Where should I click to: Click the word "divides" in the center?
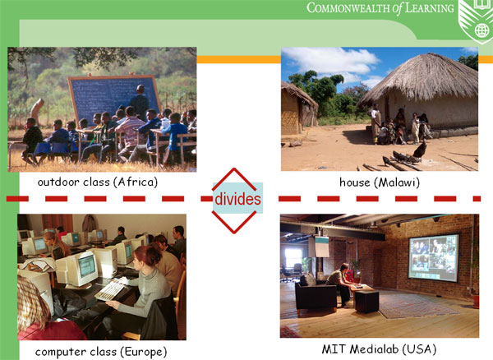coord(237,199)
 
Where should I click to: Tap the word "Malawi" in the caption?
coord(399,182)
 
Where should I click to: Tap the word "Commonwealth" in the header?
coord(348,8)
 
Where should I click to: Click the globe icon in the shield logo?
coord(481,30)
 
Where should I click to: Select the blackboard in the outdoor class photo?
coord(114,98)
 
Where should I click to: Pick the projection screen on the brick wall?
coord(434,258)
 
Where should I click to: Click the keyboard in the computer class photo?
coord(110,290)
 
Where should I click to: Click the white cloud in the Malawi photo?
coord(332,60)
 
